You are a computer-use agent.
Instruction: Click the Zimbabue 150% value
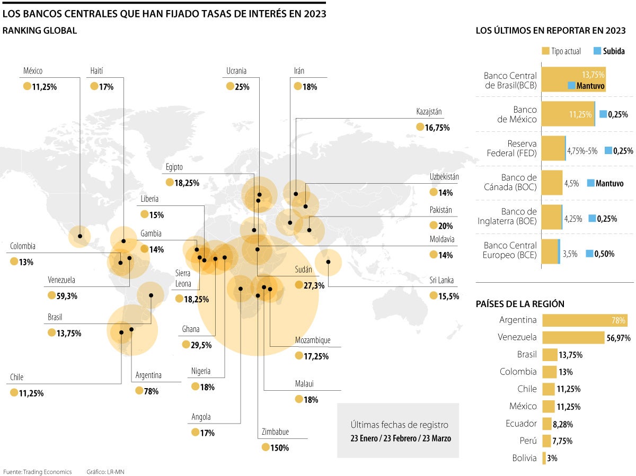pos(280,448)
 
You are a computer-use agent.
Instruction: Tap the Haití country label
pos(96,71)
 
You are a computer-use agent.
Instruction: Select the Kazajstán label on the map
pos(429,112)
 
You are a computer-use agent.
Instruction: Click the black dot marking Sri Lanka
pos(329,262)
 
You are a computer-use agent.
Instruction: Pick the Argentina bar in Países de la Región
pos(585,320)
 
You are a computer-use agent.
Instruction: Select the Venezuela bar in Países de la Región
pos(573,337)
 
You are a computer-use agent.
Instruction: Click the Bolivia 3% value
pos(552,459)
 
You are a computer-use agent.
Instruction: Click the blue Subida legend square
pos(597,51)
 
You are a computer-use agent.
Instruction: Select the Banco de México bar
pos(568,114)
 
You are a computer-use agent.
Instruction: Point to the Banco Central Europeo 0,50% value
pos(604,254)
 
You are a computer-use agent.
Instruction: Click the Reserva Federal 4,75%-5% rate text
pos(582,150)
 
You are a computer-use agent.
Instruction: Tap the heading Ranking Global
pos(40,31)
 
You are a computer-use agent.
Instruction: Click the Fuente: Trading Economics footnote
pos(37,471)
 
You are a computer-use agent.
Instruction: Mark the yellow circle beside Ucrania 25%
pos(230,86)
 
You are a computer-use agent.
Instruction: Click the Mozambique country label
pos(313,340)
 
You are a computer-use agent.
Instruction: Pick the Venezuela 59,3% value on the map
pos(67,296)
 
